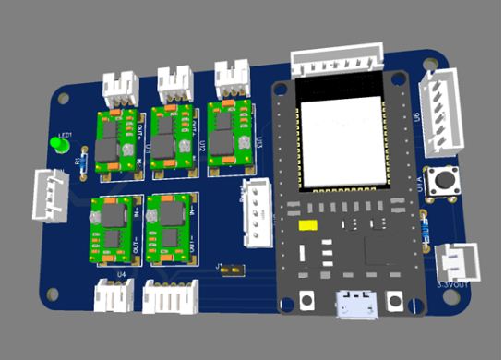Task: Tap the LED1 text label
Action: [x=65, y=135]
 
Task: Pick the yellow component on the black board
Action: [x=307, y=224]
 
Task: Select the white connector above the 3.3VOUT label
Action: [x=457, y=261]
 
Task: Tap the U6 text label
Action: [x=418, y=117]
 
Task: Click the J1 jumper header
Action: [x=231, y=269]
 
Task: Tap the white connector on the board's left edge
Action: [x=49, y=194]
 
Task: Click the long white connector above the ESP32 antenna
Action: [x=337, y=60]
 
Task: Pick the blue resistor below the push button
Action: [x=425, y=224]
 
